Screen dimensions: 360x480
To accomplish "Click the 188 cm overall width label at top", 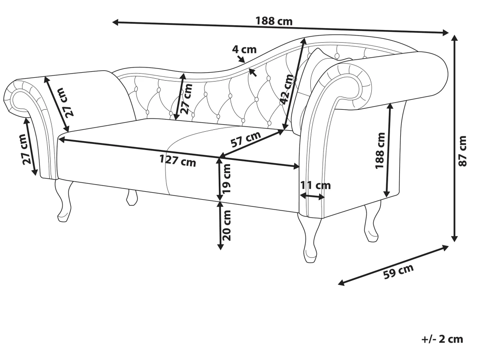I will click(x=274, y=21).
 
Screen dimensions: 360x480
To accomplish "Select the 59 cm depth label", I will click(x=398, y=272).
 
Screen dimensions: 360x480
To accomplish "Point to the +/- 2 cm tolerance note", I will click(x=442, y=339).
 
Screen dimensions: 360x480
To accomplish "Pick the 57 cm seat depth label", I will click(x=247, y=139).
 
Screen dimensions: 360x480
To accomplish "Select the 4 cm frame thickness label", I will click(x=245, y=49).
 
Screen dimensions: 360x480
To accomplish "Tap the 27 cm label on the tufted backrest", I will click(x=186, y=98).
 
